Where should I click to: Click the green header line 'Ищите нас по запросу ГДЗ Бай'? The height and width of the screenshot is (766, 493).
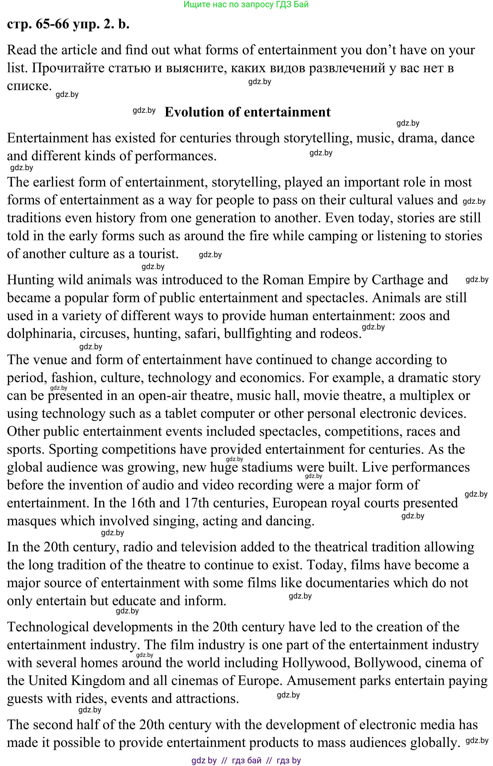pyautogui.click(x=246, y=4)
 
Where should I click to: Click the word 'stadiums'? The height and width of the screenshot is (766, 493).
pyautogui.click(x=267, y=467)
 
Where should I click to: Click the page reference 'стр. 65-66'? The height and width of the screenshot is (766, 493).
pyautogui.click(x=38, y=24)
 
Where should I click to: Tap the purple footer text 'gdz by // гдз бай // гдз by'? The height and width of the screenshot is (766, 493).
pyautogui.click(x=246, y=760)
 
